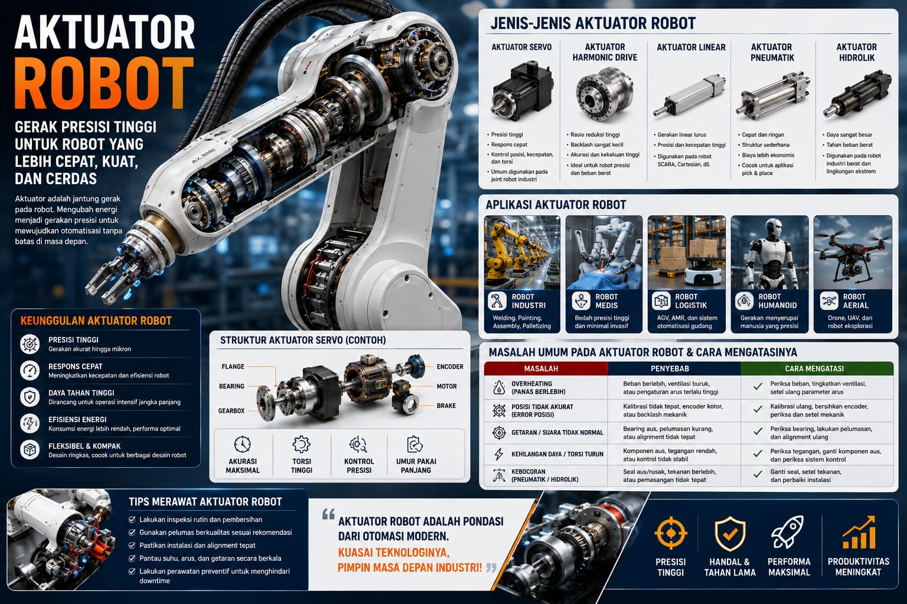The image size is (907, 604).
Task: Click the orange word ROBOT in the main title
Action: pos(105,84)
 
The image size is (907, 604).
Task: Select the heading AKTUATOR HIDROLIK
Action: pos(856,52)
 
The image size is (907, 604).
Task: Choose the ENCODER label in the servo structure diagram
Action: pos(450,366)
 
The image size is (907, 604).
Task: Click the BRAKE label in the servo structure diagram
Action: pos(446,406)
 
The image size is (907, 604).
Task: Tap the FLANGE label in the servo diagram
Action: pos(233,366)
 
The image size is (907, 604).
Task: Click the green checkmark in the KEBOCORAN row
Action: pos(758,474)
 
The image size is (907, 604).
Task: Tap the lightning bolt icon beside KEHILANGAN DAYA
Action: pos(499,454)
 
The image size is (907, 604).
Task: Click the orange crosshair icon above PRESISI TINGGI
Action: pos(671,533)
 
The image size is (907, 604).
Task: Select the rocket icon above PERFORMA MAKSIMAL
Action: pos(788,532)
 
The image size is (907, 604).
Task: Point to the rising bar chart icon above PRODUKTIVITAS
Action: pos(859,532)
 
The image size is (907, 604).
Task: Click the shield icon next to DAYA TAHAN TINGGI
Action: pos(30,397)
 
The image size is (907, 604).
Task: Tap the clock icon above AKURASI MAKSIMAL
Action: pos(242,444)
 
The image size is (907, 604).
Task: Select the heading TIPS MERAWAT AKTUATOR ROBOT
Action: pos(205,502)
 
